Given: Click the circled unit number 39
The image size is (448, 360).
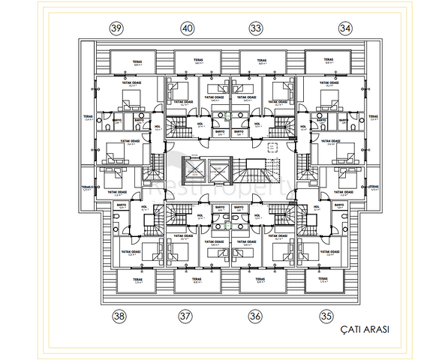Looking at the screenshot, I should click(x=116, y=28).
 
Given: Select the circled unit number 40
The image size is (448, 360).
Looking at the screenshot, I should click(x=187, y=28).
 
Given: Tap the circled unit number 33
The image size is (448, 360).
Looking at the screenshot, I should click(x=256, y=28).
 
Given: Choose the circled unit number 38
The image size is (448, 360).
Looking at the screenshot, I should click(x=118, y=316).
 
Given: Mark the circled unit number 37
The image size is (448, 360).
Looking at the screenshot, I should click(x=185, y=316).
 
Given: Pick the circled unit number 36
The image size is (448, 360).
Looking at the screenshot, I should click(x=255, y=316).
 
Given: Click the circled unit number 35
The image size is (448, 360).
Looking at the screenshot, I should click(x=326, y=316).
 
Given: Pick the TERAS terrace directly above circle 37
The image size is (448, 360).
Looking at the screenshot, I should click(x=196, y=281).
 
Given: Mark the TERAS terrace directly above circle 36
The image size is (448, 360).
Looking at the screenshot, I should click(x=260, y=281).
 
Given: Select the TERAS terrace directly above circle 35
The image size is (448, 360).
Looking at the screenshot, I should click(x=323, y=281).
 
